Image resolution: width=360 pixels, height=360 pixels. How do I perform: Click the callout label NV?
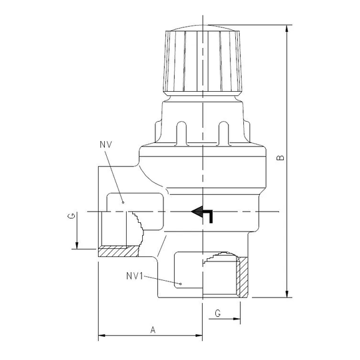coord(105,145)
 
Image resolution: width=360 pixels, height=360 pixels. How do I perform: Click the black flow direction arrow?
coord(203,213)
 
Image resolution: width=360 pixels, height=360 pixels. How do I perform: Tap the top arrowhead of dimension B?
coord(288,29)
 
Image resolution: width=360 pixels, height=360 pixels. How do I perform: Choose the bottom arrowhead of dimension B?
coord(288,294)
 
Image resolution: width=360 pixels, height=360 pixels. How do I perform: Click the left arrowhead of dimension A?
coord(102,337)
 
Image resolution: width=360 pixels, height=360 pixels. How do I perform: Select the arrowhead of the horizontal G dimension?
coord(238,319)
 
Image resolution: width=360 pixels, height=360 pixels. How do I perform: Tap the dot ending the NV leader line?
coord(123,203)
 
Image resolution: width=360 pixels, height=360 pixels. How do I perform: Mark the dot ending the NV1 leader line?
coord(180,285)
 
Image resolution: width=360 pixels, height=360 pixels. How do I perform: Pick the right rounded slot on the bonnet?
coord(224,133)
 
